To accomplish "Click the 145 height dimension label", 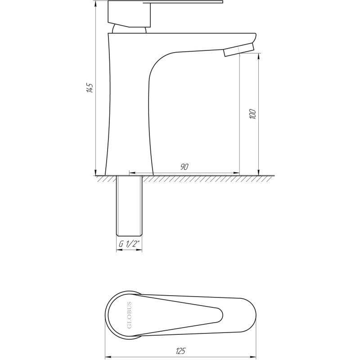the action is (x=90, y=88).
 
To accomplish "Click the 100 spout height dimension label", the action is (x=252, y=114).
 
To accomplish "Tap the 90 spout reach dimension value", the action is (x=184, y=166).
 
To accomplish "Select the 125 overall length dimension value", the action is (x=180, y=351).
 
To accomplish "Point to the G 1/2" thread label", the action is (x=129, y=244).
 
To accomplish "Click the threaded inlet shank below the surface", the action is (x=129, y=206).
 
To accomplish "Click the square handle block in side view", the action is (x=129, y=14).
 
